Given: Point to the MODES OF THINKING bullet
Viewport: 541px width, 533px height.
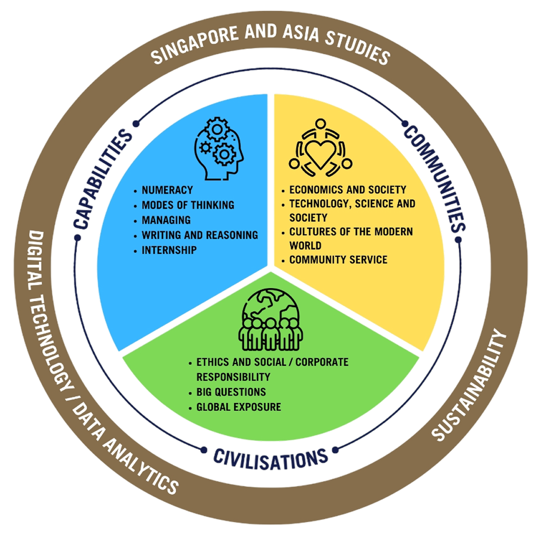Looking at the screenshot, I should [188, 205].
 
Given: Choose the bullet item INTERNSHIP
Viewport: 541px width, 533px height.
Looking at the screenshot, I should [169, 250].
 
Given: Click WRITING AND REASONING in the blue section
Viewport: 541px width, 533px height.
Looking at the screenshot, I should [199, 235].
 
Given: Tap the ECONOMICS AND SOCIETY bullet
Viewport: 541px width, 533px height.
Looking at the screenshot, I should [347, 189].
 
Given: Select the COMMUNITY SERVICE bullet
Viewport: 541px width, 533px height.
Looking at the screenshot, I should [338, 260].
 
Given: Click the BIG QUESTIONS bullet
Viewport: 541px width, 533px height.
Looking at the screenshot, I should [231, 392].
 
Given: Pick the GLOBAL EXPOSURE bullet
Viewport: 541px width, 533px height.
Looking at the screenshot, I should [239, 407].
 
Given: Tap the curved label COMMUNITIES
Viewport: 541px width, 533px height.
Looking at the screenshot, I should [435, 177].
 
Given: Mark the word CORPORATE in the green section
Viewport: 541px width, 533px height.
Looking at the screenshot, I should [323, 362].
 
